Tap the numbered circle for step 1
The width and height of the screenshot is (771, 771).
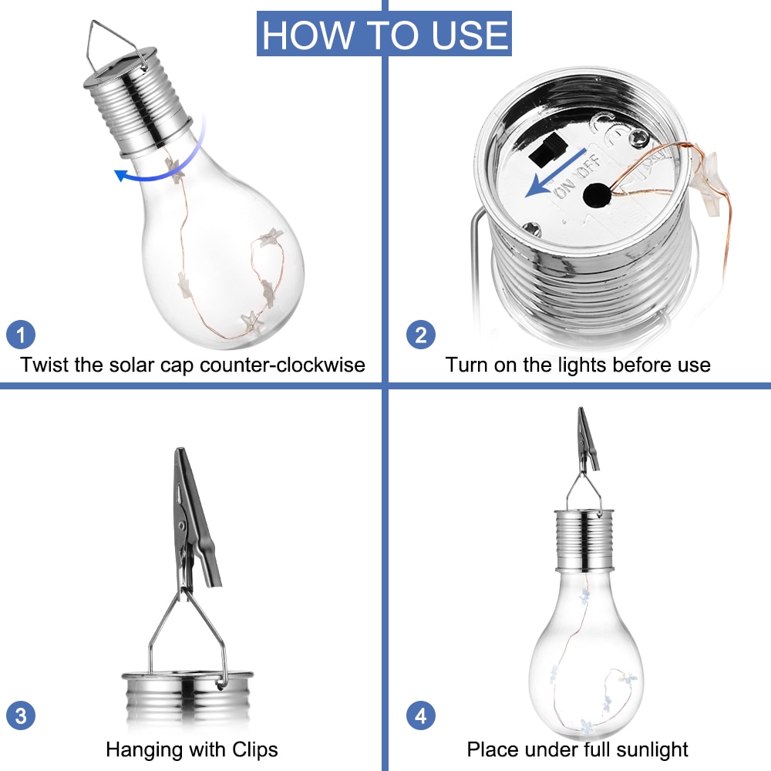coord(21,335)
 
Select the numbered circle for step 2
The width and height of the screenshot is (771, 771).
coord(421,335)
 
